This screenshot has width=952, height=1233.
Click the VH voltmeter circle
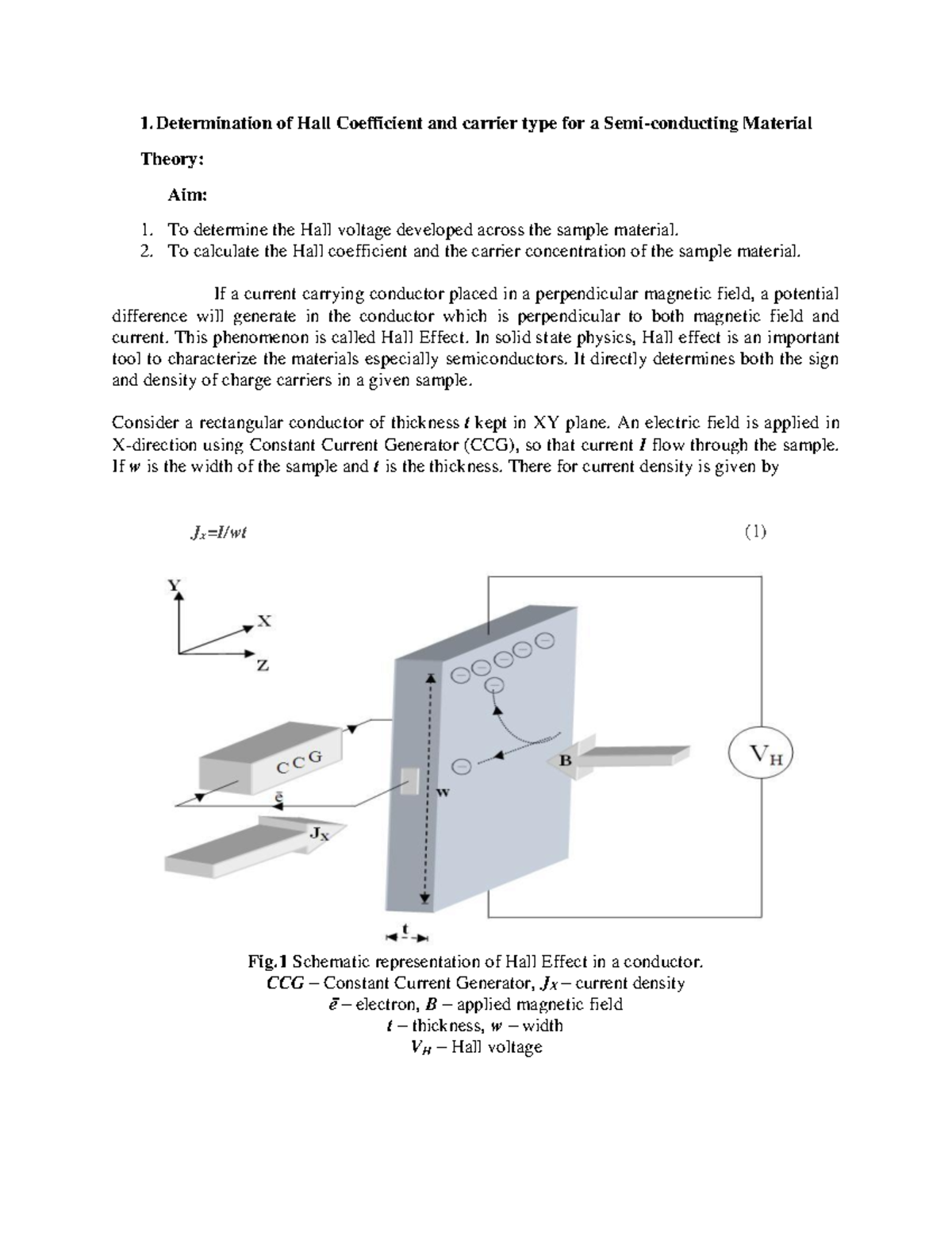(761, 753)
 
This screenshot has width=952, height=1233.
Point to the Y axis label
(173, 585)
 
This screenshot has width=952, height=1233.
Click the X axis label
(263, 622)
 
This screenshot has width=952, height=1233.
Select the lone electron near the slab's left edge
(461, 766)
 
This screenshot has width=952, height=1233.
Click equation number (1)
(754, 532)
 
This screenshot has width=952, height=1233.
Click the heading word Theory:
(172, 159)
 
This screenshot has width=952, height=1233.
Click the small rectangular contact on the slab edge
(410, 781)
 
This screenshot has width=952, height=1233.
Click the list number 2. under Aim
(145, 252)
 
